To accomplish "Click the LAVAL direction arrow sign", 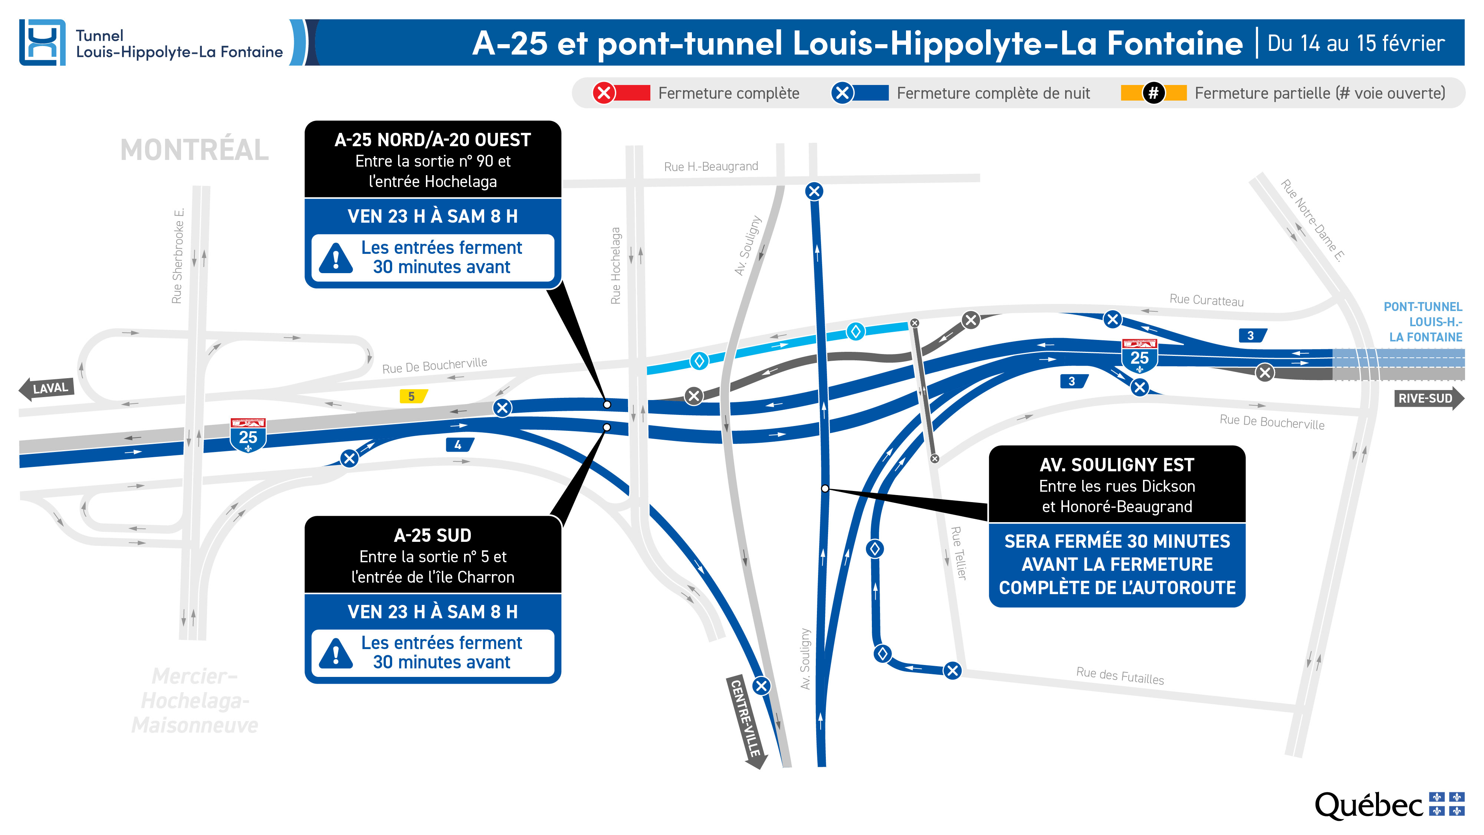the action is point(47,389).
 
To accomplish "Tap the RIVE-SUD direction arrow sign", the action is point(1429,398).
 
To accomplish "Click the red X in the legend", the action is point(604,93).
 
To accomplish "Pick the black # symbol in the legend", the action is point(1153,93).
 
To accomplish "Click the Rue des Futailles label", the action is point(1120,675).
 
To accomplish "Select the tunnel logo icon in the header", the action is point(42,43).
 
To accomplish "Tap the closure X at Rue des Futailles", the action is point(953,670).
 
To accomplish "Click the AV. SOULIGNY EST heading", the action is point(1116,465).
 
